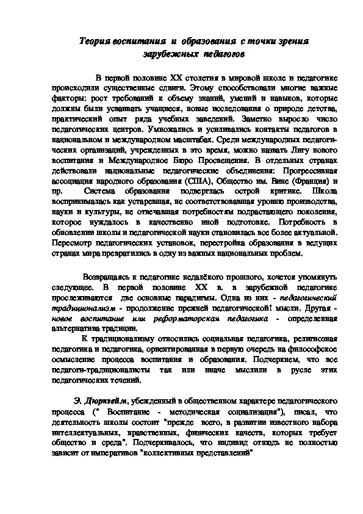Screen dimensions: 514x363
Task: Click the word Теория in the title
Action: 97,41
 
